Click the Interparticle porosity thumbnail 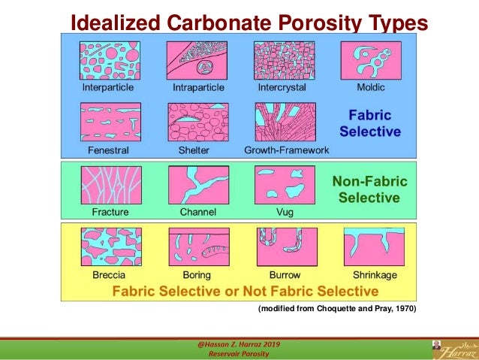[x=110, y=60]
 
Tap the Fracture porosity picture [x=110, y=185]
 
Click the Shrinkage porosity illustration [x=372, y=247]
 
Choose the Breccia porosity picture [x=110, y=247]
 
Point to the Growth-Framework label [x=286, y=150]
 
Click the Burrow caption [x=279, y=274]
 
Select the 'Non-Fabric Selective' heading [x=369, y=189]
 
